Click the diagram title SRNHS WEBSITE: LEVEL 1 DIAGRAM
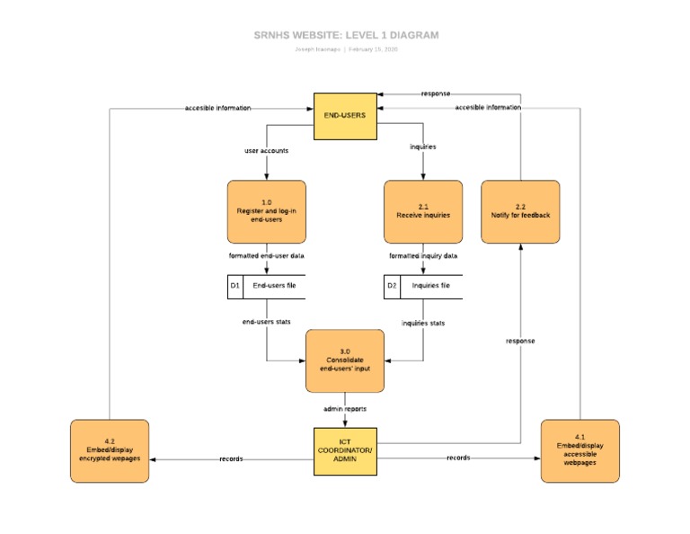pos(346,35)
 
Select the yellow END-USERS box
pos(345,116)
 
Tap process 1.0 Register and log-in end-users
pos(267,211)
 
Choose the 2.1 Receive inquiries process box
pos(423,211)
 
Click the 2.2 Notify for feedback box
pos(520,211)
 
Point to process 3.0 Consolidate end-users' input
pos(345,360)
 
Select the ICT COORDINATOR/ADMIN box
pos(345,450)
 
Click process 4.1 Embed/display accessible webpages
pos(579,450)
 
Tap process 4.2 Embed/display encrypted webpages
pos(110,450)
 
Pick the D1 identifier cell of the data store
pos(235,286)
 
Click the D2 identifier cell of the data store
pos(392,286)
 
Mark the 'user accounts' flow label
pos(267,150)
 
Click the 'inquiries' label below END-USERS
pos(423,146)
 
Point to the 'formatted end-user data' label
pos(267,255)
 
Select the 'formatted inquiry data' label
pos(423,255)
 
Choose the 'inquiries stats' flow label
pos(423,323)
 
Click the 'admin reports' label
pos(345,408)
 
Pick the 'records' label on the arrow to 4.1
pos(458,458)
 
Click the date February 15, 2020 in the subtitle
pos(373,49)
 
